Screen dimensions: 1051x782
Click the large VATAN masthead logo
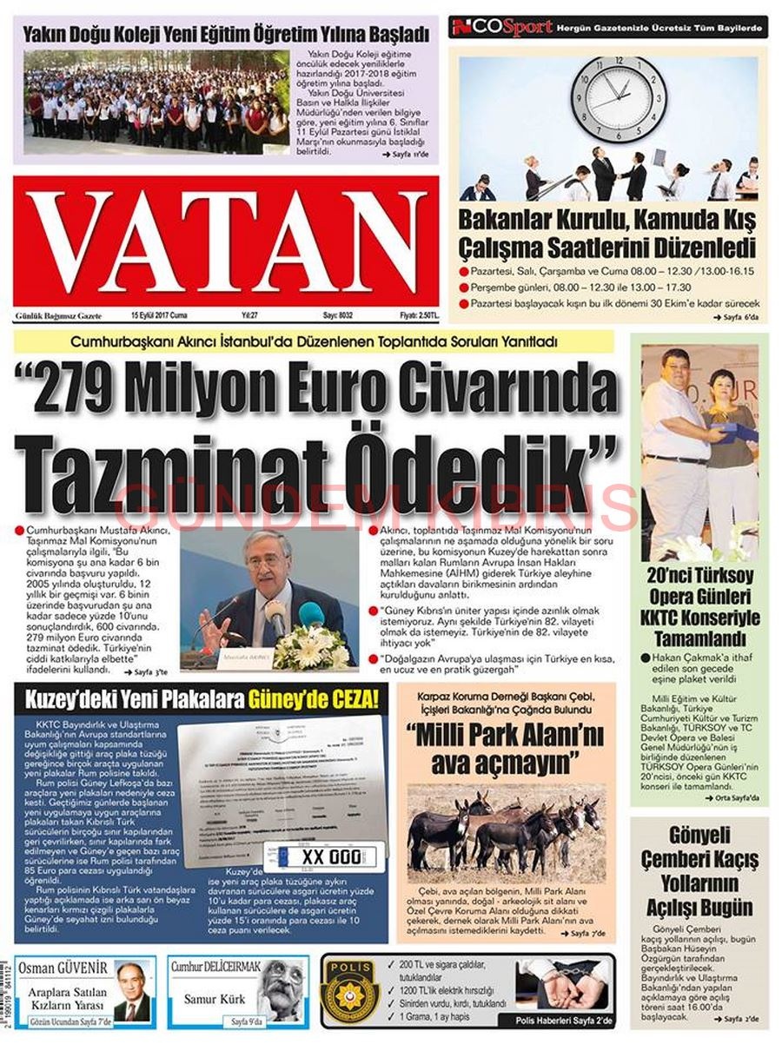click(x=226, y=241)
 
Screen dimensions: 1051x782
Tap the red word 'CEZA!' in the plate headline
click(x=340, y=699)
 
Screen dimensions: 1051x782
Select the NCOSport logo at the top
click(x=502, y=28)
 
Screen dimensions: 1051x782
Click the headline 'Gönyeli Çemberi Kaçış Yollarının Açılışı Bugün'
click(x=699, y=872)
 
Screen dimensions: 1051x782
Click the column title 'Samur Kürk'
click(x=209, y=999)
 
